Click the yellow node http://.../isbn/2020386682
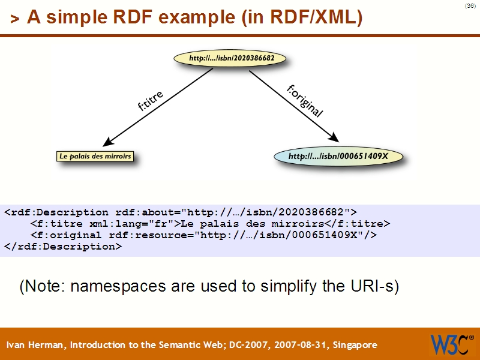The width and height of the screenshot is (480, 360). click(x=229, y=59)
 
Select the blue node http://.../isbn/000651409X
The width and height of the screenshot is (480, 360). click(x=338, y=157)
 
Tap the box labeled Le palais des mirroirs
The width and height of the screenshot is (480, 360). click(x=95, y=157)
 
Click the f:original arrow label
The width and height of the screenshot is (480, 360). click(x=305, y=101)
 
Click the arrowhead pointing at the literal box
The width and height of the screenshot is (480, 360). click(x=107, y=142)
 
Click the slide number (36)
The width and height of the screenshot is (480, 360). click(x=470, y=6)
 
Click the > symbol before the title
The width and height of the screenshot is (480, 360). click(x=14, y=19)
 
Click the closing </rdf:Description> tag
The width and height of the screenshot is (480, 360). click(x=63, y=246)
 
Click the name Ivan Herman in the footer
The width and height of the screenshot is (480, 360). click(x=37, y=345)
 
